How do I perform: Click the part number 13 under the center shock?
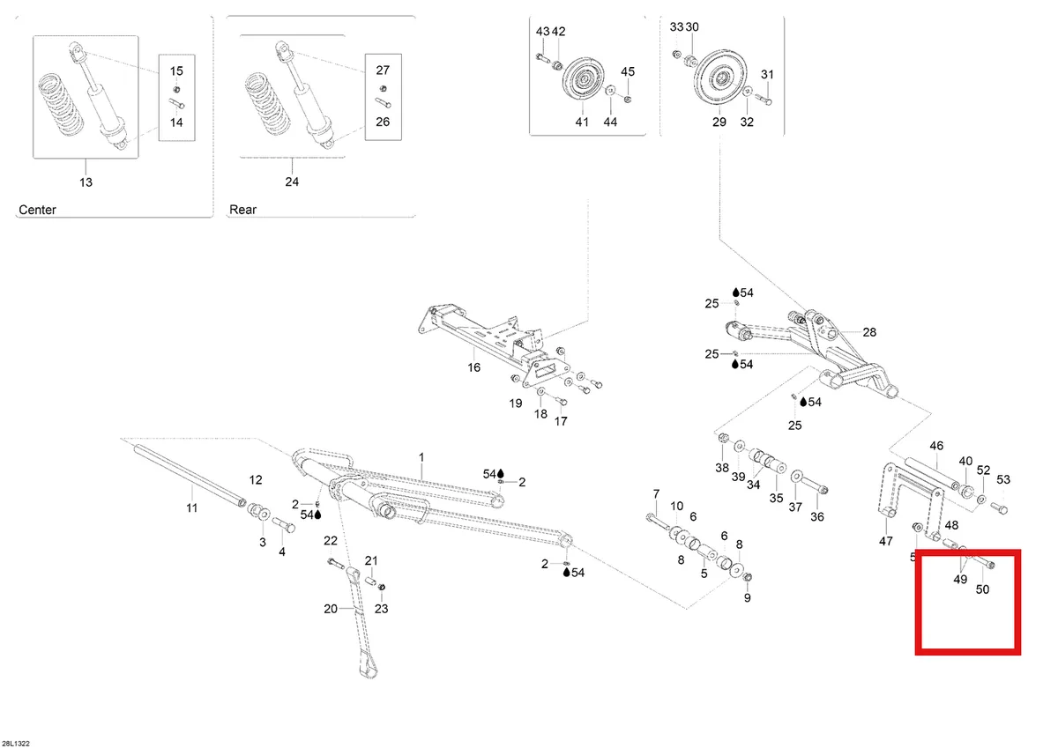coord(86,182)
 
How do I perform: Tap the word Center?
coord(37,210)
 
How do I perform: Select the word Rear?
coord(242,210)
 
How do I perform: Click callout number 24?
coord(292,181)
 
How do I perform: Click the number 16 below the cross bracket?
coord(473,367)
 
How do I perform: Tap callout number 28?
coord(869,332)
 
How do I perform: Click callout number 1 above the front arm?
coord(421,457)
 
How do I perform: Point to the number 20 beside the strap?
coord(331,609)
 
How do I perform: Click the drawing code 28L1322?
coord(16,744)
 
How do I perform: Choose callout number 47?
coord(885,541)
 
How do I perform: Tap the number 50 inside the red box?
coord(982,589)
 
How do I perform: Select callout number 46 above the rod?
coord(936,446)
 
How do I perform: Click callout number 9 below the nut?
coord(748,598)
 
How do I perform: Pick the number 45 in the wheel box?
coord(628,71)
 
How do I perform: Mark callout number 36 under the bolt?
coord(817,517)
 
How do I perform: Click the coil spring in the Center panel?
coord(61,104)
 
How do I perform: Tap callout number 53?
coord(1003,479)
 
